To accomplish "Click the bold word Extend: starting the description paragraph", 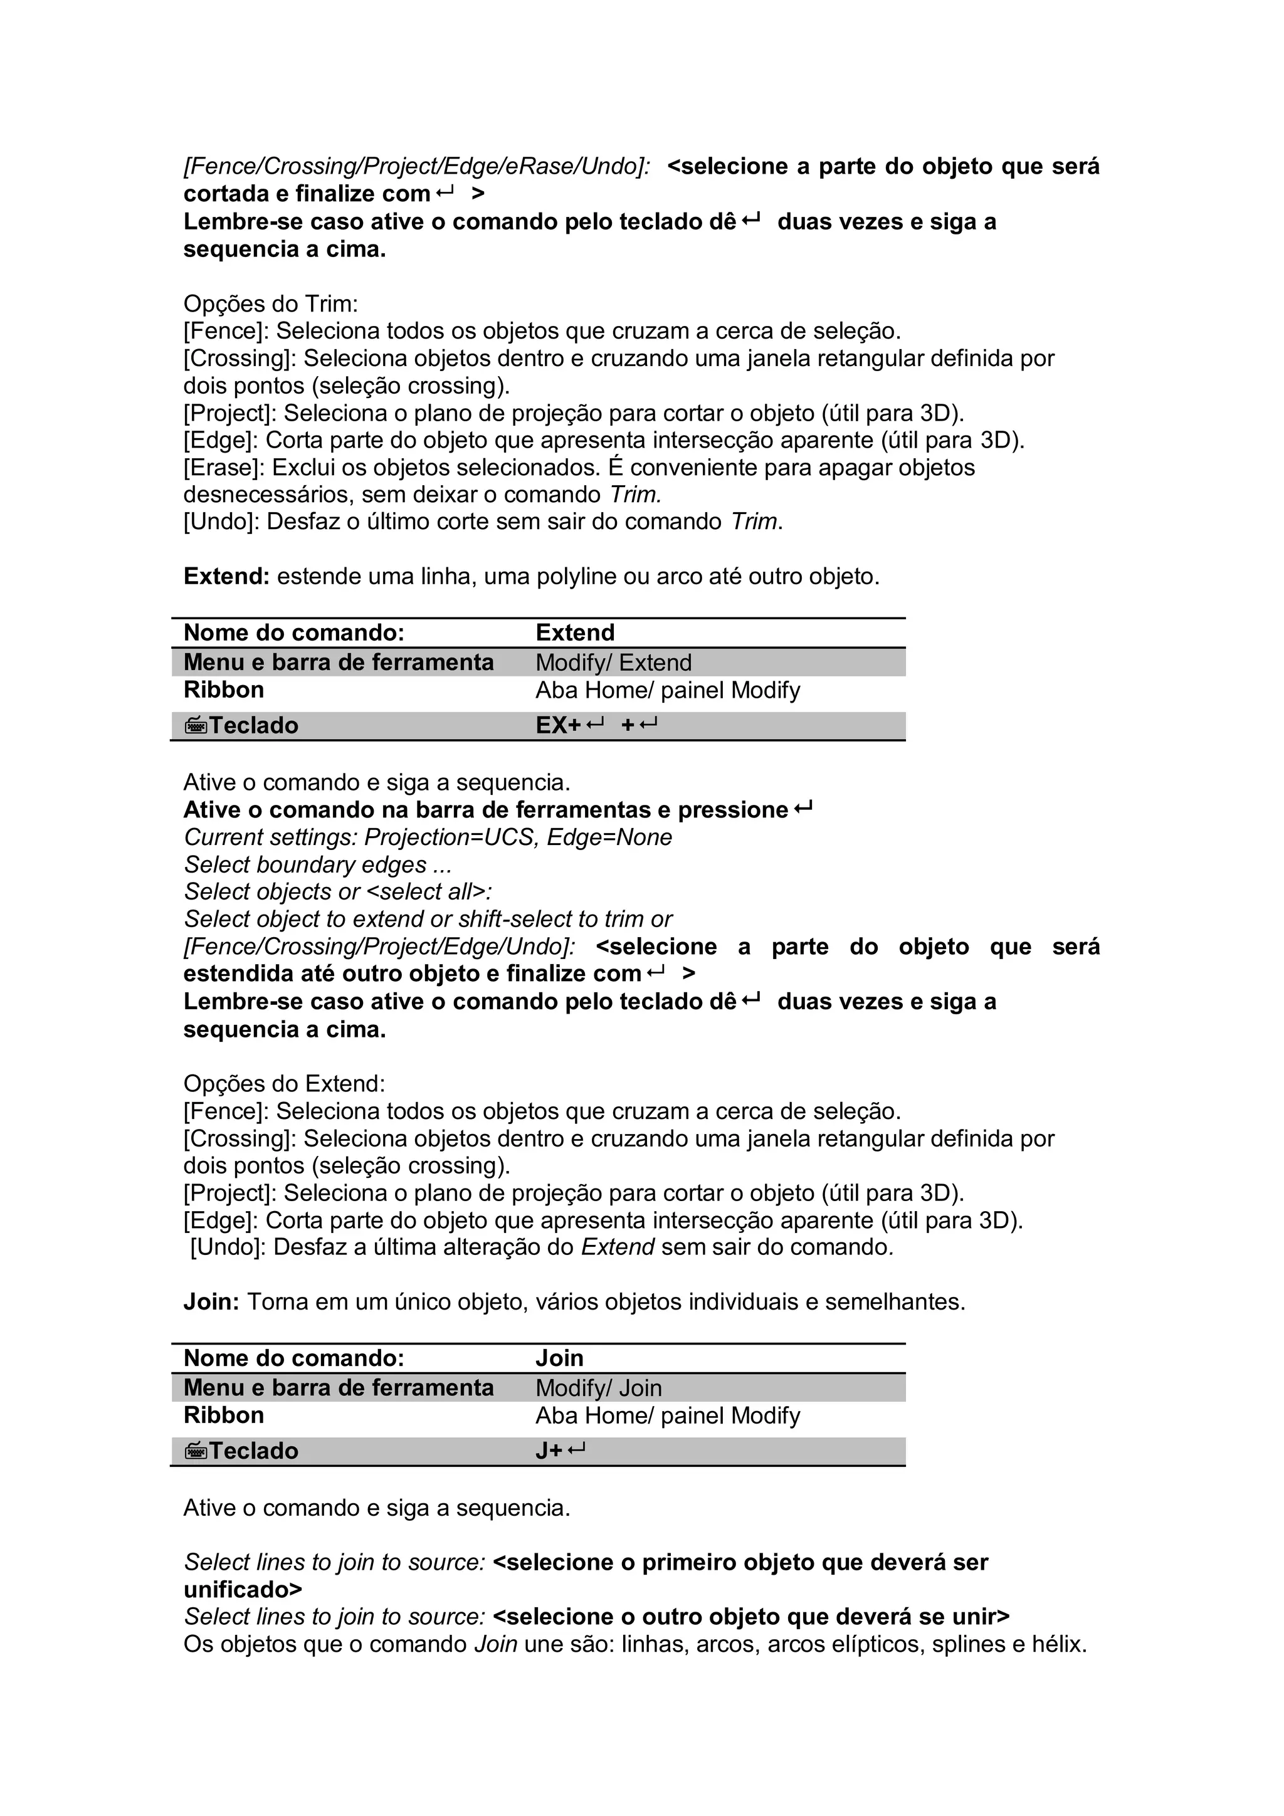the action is [226, 577].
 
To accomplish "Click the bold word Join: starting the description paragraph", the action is [211, 1301].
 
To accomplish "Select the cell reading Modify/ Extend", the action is [613, 662].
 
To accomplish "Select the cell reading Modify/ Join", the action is [598, 1387].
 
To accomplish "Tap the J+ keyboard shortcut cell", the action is [560, 1450].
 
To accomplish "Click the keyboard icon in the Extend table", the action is [196, 725].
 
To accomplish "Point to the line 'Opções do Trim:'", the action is [271, 304].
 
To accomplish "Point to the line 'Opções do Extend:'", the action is [284, 1084].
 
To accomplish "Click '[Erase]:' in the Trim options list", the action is [224, 468].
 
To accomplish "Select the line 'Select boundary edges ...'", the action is [317, 864].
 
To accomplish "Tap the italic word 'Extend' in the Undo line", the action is [617, 1247].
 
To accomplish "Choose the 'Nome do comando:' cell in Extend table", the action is [293, 632].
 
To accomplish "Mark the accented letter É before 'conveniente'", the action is [616, 468].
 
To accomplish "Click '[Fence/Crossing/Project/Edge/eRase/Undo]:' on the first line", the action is [417, 167].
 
